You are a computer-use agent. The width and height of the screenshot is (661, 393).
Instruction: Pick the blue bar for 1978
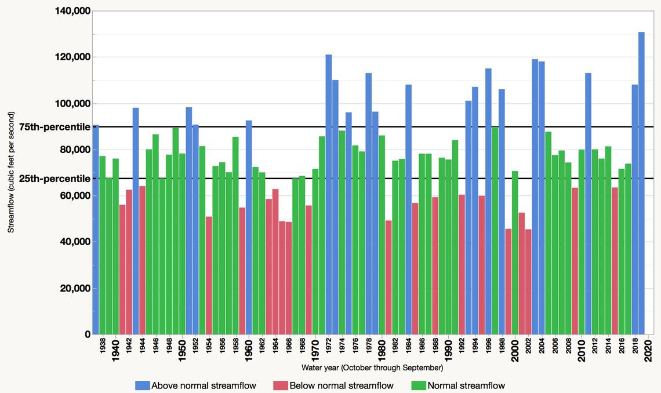click(369, 203)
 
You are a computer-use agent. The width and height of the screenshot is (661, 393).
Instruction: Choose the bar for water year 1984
click(408, 209)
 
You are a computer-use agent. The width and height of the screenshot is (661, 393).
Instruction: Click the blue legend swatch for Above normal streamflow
click(142, 385)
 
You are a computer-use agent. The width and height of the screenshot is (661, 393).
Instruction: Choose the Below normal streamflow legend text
click(341, 385)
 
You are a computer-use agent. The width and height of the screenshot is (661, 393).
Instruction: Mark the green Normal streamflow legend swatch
click(418, 385)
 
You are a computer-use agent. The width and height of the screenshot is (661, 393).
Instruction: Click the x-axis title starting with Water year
click(372, 367)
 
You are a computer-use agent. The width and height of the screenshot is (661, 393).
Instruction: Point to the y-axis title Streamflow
click(10, 172)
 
